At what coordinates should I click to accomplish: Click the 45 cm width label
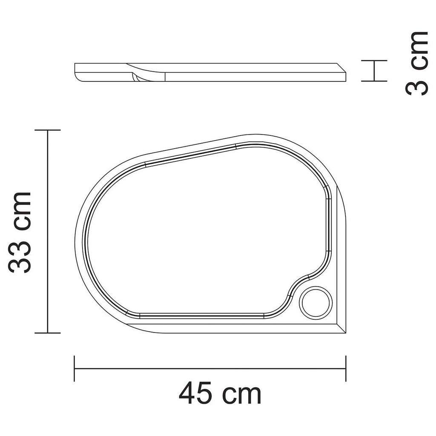[220, 394]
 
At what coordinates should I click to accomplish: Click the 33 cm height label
[20, 232]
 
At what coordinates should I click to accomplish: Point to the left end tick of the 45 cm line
[75, 368]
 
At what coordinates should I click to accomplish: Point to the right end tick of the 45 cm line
[345, 368]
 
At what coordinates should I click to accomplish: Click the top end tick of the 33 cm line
[47, 130]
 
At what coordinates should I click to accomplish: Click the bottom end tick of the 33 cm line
[47, 333]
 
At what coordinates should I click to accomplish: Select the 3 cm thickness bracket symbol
[374, 71]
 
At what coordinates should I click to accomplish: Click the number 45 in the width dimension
[195, 394]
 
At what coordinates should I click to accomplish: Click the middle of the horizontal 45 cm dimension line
[210, 368]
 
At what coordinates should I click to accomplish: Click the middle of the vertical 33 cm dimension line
[47, 231]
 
